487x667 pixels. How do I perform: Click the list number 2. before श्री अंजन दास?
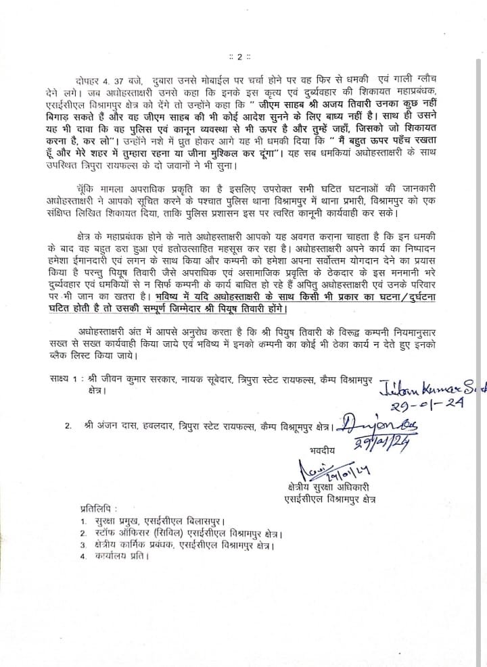click(68, 427)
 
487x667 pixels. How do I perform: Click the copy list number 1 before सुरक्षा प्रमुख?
click(83, 522)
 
